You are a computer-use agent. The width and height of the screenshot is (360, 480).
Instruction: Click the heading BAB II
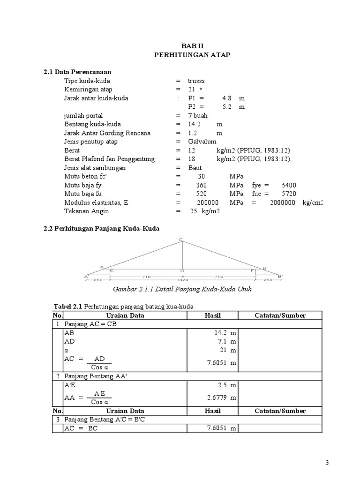(192, 46)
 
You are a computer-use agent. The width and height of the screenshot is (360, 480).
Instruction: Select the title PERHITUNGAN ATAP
(192, 55)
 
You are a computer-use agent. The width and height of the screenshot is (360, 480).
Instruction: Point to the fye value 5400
(289, 185)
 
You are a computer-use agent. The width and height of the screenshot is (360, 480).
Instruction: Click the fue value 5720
(289, 194)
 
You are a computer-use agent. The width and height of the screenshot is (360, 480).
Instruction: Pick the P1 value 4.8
(227, 98)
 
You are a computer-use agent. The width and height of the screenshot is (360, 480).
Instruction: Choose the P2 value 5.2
(227, 107)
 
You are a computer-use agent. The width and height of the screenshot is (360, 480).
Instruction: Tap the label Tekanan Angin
(86, 211)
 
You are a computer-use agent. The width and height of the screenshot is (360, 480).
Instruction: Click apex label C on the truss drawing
(180, 240)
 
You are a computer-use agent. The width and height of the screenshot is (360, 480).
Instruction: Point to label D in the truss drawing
(181, 271)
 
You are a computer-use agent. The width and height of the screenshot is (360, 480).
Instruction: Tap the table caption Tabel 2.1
(68, 307)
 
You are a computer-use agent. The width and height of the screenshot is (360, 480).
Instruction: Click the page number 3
(327, 463)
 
